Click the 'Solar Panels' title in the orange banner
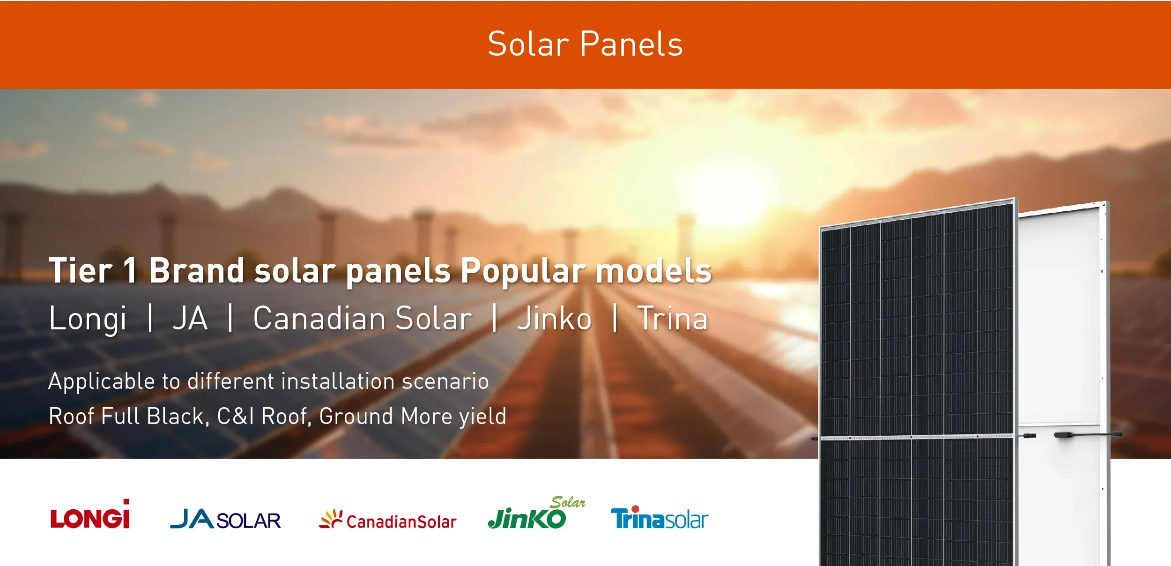(x=585, y=44)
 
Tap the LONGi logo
(x=90, y=515)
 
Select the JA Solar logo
(x=225, y=519)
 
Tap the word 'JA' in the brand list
(x=190, y=319)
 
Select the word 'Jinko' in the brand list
(x=554, y=319)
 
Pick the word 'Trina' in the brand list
(x=672, y=319)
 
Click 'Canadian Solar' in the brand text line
(x=363, y=319)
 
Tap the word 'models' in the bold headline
(x=653, y=271)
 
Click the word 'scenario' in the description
(x=445, y=381)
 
